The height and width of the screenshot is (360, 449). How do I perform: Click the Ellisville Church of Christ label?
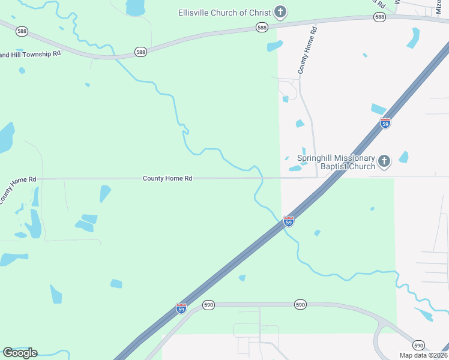click(224, 12)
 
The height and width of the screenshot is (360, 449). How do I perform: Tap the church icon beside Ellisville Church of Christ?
click(280, 11)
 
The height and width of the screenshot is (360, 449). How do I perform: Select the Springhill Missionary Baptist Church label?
click(336, 162)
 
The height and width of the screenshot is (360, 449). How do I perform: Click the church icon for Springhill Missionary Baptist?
click(384, 161)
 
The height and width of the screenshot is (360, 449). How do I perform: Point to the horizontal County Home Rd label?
click(167, 179)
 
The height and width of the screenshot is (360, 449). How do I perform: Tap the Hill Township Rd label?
click(30, 54)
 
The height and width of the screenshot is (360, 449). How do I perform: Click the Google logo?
click(20, 352)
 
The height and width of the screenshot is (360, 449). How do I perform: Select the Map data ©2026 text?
click(423, 355)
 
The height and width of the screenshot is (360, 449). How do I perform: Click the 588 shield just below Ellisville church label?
click(262, 28)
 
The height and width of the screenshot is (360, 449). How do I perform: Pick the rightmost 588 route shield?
click(379, 17)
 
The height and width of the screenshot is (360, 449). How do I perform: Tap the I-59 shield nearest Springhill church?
click(385, 123)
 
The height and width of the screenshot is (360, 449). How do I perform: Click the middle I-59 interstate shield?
click(289, 221)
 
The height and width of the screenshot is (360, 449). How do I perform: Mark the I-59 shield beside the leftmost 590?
click(181, 308)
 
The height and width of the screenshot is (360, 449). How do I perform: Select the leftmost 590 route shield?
click(208, 305)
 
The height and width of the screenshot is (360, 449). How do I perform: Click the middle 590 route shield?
click(301, 305)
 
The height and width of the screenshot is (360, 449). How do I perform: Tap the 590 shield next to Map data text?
click(418, 345)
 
